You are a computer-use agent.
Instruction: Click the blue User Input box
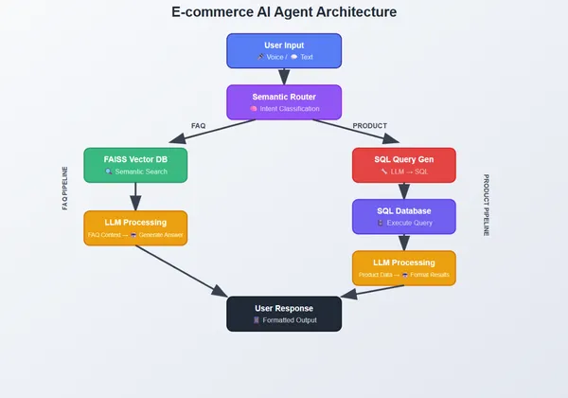[x=284, y=50]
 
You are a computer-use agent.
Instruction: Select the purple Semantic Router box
[x=284, y=102]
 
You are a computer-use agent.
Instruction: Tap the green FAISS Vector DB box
[x=135, y=165]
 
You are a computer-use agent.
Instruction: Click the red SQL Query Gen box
[x=404, y=165]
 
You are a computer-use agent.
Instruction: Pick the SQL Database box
[x=404, y=216]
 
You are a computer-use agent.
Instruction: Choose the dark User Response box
[x=284, y=314]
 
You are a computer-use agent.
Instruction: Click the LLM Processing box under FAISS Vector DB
[x=135, y=227]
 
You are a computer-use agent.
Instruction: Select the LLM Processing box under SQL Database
[x=404, y=268]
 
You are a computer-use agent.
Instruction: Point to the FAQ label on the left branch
[x=198, y=126]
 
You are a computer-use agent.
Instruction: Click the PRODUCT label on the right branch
[x=370, y=126]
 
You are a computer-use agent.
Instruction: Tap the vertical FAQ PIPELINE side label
[x=65, y=188]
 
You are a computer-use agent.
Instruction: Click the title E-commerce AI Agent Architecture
[x=284, y=12]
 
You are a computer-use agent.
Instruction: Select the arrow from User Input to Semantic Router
[x=284, y=77]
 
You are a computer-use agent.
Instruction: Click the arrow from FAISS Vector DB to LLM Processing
[x=135, y=196]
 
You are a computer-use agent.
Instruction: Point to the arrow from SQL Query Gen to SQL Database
[x=404, y=190]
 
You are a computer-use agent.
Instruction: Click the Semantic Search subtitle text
[x=140, y=172]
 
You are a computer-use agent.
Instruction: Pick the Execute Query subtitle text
[x=408, y=223]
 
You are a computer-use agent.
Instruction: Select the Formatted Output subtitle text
[x=289, y=320]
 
